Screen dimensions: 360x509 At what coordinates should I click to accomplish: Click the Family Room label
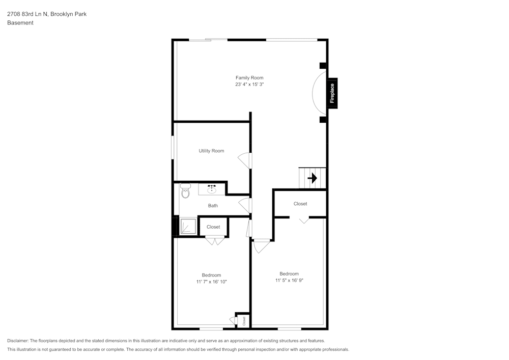[x=249, y=78]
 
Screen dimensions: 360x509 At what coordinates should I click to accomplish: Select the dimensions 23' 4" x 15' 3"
[x=249, y=85]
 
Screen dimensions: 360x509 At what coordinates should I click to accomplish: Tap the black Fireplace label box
[x=332, y=93]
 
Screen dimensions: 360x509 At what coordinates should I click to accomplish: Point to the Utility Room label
[x=211, y=151]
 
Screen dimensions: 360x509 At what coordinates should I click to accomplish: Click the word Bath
[x=213, y=206]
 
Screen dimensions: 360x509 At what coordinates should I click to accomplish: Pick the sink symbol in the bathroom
[x=212, y=189]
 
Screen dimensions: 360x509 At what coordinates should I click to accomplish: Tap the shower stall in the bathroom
[x=187, y=226]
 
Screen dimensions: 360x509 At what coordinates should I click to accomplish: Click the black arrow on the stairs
[x=312, y=178]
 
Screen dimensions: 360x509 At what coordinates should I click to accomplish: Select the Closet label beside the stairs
[x=300, y=204]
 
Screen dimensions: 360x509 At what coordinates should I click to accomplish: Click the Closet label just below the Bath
[x=213, y=227]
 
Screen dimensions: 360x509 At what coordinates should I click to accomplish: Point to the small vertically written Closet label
[x=244, y=321]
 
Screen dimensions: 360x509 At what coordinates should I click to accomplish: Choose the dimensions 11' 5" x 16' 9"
[x=289, y=280]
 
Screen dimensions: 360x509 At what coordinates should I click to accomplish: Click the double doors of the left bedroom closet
[x=215, y=240]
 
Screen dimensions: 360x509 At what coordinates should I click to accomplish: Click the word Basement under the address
[x=20, y=23]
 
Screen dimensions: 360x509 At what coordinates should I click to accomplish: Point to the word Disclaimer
[x=18, y=341]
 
